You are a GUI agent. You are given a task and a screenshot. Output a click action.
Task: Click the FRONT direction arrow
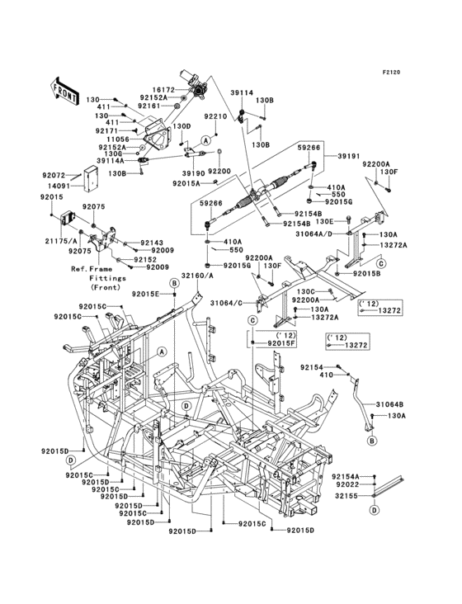tap(64, 92)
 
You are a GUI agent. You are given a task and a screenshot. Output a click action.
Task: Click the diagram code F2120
tap(391, 72)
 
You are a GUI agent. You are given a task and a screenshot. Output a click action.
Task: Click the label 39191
tap(349, 156)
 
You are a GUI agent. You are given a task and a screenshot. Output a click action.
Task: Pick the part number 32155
tap(347, 495)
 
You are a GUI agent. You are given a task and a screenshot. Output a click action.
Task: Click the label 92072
tap(53, 175)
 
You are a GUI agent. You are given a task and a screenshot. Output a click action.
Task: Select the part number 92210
tap(215, 116)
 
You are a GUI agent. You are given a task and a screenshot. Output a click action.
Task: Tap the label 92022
tap(347, 484)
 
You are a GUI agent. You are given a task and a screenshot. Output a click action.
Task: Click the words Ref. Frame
tap(92, 269)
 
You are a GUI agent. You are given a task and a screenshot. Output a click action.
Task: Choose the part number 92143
tap(152, 243)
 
